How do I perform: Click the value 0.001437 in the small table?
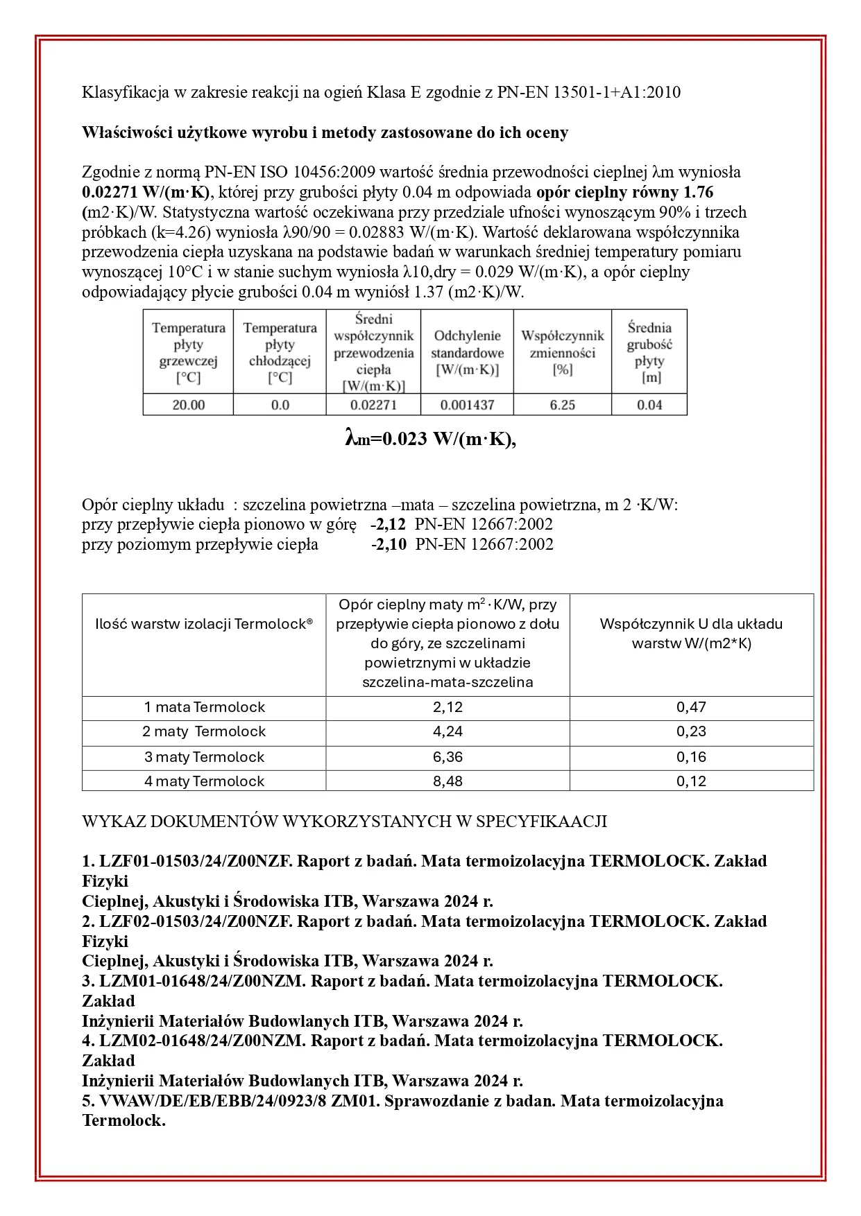pyautogui.click(x=468, y=405)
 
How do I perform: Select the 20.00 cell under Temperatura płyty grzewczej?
pyautogui.click(x=188, y=405)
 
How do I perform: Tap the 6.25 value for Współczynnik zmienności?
pyautogui.click(x=562, y=405)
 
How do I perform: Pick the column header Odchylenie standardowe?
pyautogui.click(x=468, y=353)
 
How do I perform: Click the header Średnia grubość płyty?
pyautogui.click(x=649, y=353)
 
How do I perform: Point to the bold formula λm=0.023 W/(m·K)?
pyautogui.click(x=430, y=440)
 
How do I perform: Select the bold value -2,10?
pyautogui.click(x=389, y=544)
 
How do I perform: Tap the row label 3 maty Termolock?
pyautogui.click(x=204, y=757)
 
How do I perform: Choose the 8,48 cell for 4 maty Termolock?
pyautogui.click(x=447, y=781)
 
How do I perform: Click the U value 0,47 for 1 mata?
pyautogui.click(x=691, y=708)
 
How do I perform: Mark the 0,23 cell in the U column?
pyautogui.click(x=691, y=732)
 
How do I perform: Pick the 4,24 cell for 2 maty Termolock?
pyautogui.click(x=447, y=732)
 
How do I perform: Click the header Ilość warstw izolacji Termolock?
pyautogui.click(x=204, y=624)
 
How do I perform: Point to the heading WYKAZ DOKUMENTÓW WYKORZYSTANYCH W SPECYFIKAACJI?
pyautogui.click(x=344, y=822)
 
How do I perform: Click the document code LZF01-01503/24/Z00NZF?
pyautogui.click(x=198, y=862)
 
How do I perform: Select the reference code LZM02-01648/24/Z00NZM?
pyautogui.click(x=203, y=1041)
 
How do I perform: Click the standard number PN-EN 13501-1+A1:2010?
pyautogui.click(x=588, y=92)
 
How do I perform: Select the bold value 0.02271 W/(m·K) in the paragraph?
pyautogui.click(x=146, y=192)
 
